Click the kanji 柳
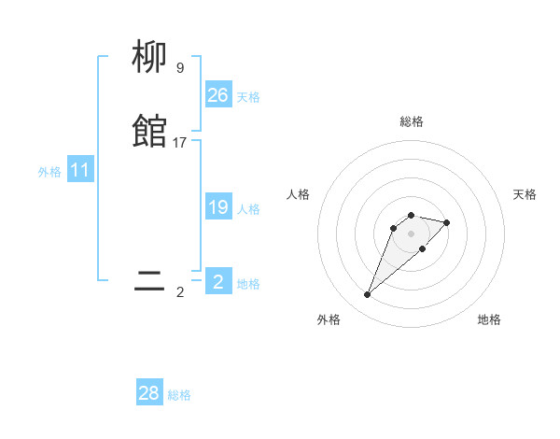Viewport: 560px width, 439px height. click(150, 58)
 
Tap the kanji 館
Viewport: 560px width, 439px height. click(150, 133)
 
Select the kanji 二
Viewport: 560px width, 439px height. click(150, 281)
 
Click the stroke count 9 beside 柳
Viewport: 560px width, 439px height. click(180, 67)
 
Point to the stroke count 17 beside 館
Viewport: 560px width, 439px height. click(180, 142)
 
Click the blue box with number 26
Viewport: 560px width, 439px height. click(218, 95)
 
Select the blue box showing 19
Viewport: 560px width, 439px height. click(218, 207)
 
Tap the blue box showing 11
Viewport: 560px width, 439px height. click(80, 171)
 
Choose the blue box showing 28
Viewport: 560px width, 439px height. click(149, 393)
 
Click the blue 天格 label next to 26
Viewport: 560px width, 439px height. click(248, 97)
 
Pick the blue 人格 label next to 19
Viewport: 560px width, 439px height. click(248, 209)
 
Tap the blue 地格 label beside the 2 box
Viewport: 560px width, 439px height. click(248, 284)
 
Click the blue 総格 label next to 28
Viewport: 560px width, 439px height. click(179, 395)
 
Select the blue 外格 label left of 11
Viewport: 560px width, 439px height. click(49, 172)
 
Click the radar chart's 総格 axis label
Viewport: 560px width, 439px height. click(412, 121)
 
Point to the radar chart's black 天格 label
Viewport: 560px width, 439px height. click(525, 194)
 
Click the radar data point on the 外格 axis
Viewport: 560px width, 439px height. click(368, 295)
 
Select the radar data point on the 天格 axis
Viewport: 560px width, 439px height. click(447, 222)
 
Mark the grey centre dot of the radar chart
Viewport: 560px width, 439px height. click(412, 234)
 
